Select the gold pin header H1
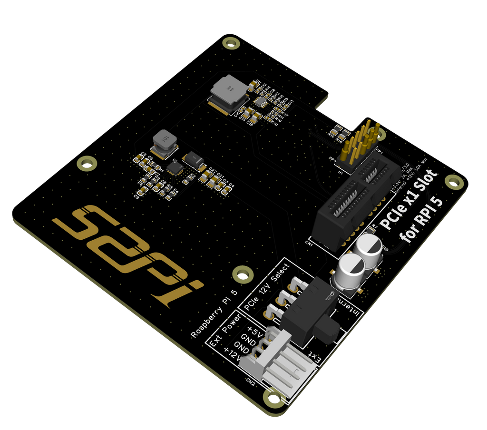click(361, 143)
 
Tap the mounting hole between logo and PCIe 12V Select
click(242, 274)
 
